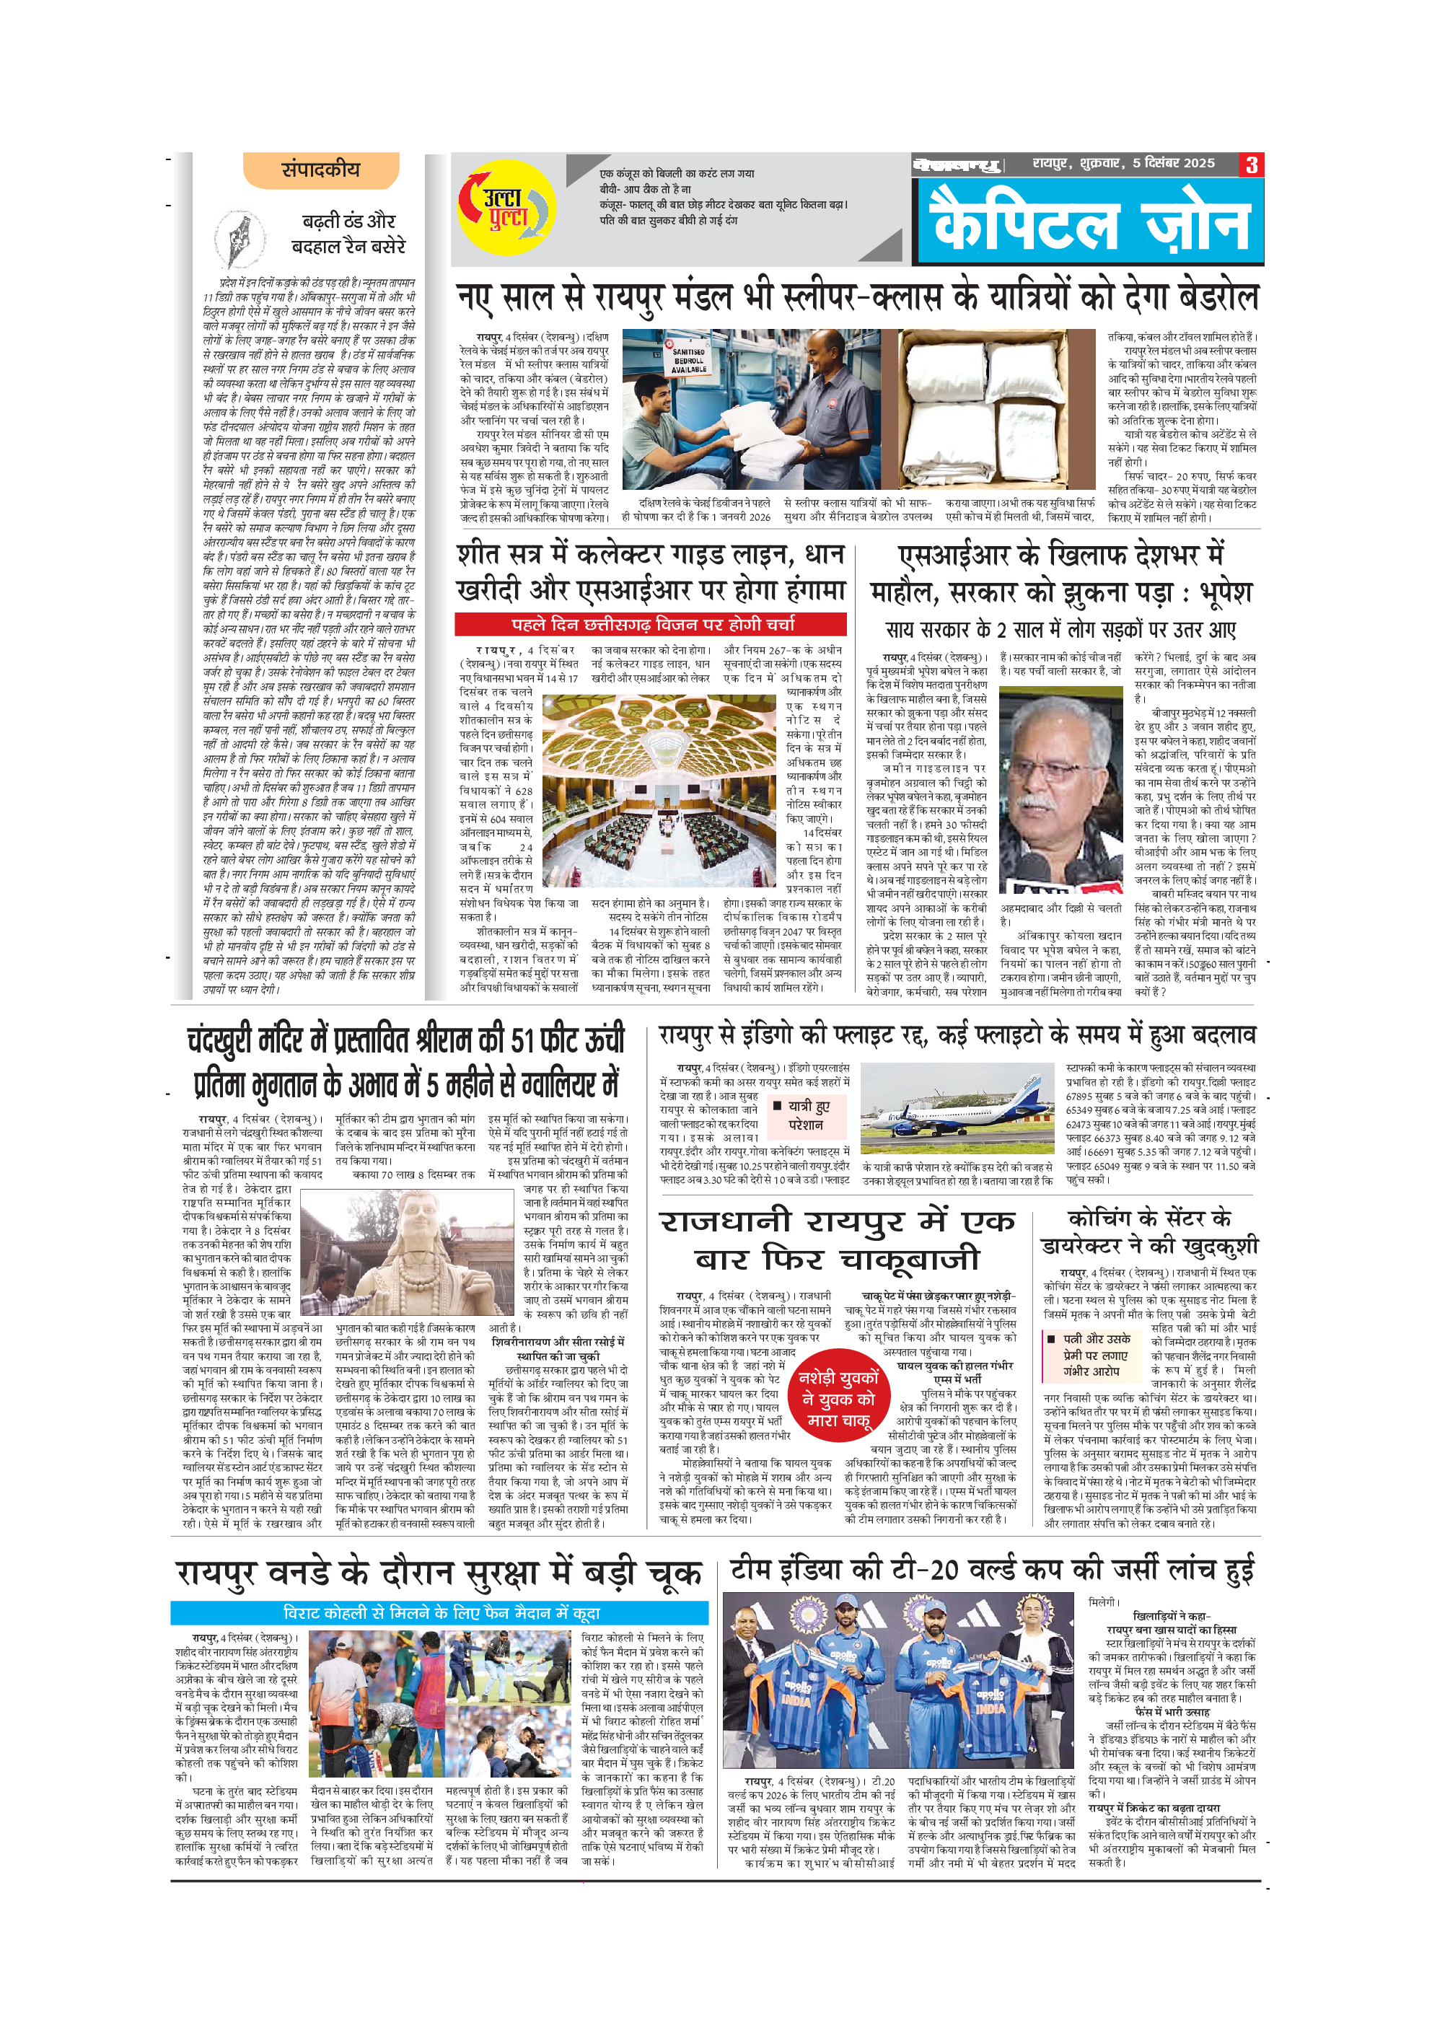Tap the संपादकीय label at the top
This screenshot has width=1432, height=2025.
tap(321, 170)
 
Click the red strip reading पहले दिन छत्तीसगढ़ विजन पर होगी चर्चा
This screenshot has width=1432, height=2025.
tap(651, 625)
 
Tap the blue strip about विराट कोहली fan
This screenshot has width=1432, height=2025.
tap(439, 1613)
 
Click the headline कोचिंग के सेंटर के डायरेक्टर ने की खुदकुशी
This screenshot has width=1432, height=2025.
tap(1149, 1233)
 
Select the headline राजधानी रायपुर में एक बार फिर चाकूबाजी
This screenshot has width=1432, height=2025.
tap(837, 1240)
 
